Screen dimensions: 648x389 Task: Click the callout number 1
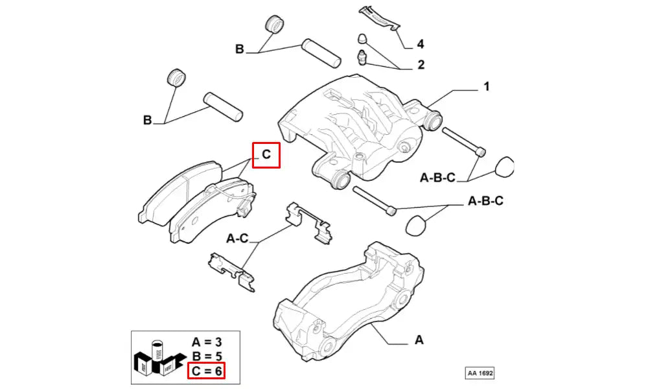point(487,86)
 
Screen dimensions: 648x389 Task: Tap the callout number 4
point(421,44)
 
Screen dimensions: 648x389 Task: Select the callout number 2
point(421,64)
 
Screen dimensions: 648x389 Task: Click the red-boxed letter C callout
point(266,154)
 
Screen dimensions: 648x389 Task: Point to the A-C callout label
point(237,238)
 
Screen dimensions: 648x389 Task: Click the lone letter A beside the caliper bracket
point(419,340)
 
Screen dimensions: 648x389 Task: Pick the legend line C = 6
point(207,371)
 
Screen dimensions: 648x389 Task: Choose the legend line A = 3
point(207,342)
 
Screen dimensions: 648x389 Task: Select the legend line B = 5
point(207,357)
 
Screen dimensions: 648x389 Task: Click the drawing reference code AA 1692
point(480,373)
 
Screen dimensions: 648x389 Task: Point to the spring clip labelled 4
point(379,19)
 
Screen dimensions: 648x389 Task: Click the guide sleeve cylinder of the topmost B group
point(321,53)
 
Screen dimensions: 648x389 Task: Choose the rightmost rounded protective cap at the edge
point(503,167)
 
